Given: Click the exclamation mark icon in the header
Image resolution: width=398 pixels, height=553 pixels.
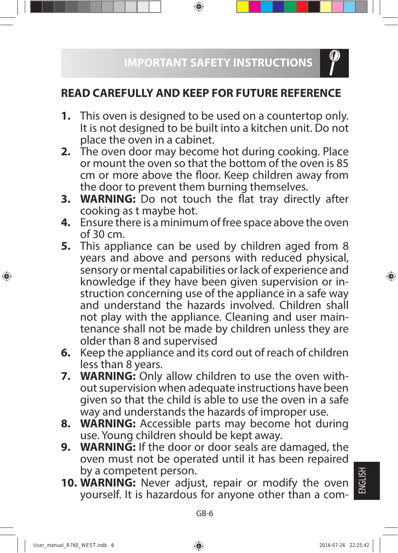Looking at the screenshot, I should tap(334, 62).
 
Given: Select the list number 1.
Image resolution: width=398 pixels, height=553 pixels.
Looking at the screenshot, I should tap(65, 116).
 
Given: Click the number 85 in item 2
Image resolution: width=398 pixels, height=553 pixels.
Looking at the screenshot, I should tap(342, 163).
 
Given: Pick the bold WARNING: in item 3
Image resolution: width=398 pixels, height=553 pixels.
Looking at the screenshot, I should tap(108, 199).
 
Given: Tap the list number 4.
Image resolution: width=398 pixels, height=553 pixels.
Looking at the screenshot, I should tap(65, 223).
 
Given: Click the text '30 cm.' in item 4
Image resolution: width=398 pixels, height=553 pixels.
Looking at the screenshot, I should tap(109, 234).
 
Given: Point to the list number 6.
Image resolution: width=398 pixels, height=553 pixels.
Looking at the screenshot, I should tap(65, 353).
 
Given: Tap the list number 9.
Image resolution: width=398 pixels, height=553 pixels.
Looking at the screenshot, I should tap(65, 447).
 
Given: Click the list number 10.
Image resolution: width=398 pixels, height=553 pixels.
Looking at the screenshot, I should tap(69, 483).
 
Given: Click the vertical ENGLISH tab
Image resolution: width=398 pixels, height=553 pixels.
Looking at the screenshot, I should tap(366, 480).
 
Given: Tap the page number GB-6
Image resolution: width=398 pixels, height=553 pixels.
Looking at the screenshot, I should tap(205, 513).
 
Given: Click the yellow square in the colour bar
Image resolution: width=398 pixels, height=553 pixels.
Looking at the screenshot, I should tap(243, 7).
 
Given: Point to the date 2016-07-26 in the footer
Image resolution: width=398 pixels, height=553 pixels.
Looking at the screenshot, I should tap(332, 545).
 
